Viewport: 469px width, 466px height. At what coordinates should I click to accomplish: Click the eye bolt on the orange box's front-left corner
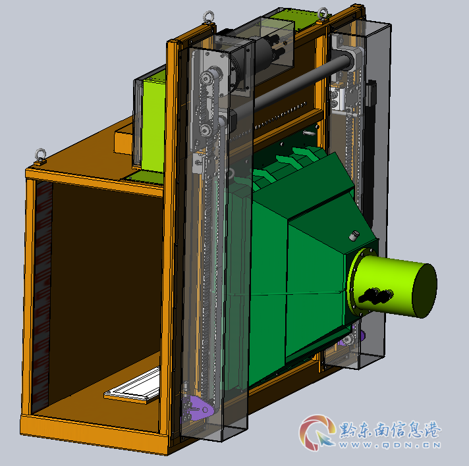point(41,156)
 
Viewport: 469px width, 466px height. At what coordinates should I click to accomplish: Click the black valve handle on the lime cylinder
point(376,296)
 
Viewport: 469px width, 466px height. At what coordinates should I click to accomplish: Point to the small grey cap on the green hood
point(354,235)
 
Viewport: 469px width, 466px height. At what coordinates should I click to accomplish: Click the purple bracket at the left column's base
point(198,407)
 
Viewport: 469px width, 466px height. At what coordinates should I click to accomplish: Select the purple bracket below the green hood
point(353,338)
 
